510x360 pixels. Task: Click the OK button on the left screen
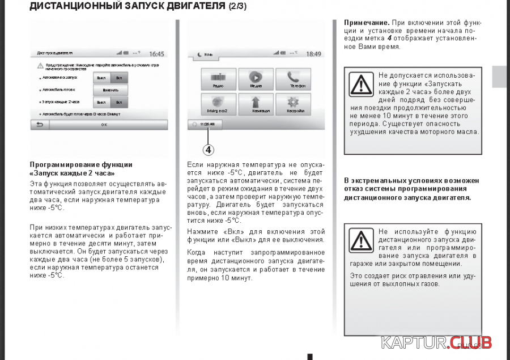click(x=104, y=125)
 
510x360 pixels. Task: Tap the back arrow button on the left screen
click(x=40, y=125)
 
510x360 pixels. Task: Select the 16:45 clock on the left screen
click(x=156, y=54)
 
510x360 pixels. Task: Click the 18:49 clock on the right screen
click(x=313, y=54)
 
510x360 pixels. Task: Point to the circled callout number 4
click(x=209, y=150)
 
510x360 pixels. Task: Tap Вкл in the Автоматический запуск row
click(x=119, y=78)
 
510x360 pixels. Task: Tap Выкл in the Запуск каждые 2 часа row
click(x=101, y=102)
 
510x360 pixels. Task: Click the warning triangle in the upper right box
click(x=361, y=84)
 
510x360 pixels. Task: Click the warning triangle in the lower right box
click(x=361, y=240)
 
